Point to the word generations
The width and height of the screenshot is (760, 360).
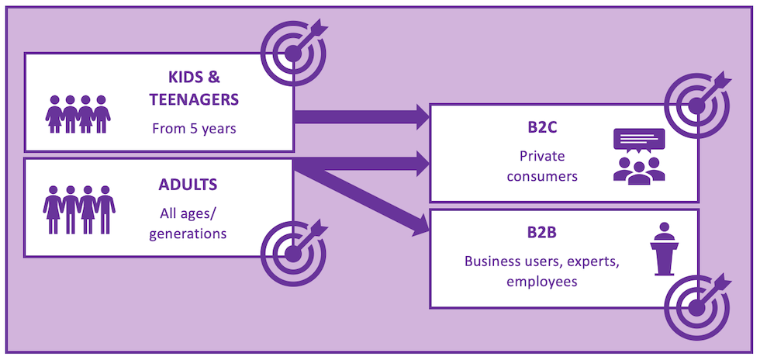pos(187,232)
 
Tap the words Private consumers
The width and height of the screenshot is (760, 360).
pos(542,166)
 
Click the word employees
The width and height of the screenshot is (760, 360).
pos(542,281)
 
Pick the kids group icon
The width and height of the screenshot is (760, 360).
pos(78,114)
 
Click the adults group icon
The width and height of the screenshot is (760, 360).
pos(79,209)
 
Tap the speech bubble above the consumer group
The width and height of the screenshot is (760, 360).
pos(639,140)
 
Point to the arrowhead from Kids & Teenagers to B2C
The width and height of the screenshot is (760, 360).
pos(423,117)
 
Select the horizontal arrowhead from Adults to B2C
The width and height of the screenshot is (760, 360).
pos(423,163)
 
